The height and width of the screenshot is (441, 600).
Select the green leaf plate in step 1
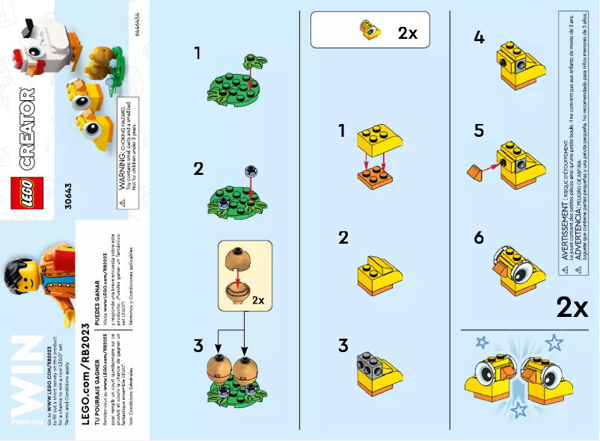click(x=235, y=90)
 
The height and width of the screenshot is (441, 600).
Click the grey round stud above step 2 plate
click(x=248, y=171)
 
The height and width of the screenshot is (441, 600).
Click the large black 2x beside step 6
click(x=572, y=307)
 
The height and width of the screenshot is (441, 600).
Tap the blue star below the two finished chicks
click(x=518, y=408)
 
